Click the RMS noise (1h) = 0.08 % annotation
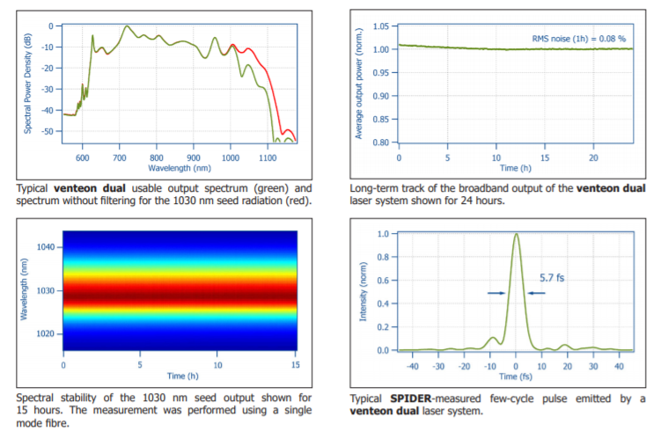pos(579,39)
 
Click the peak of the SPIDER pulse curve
pos(516,234)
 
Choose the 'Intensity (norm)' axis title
pos(363,291)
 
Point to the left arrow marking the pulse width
pos(496,293)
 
